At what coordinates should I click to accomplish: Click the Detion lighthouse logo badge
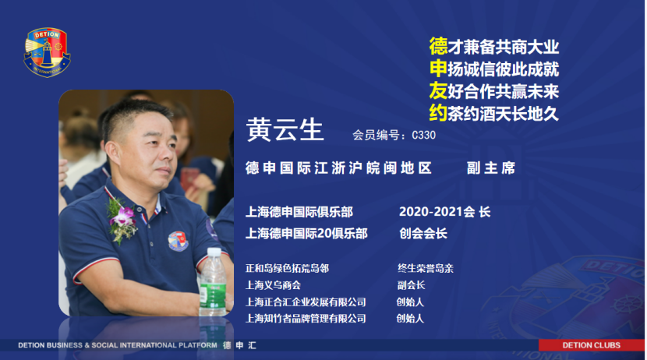(x=47, y=52)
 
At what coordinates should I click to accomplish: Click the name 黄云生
(x=285, y=129)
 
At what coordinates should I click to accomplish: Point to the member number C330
(x=424, y=136)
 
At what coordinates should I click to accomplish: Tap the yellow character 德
(x=438, y=46)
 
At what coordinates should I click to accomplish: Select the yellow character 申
(x=438, y=69)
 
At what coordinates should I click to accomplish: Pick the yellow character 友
(x=438, y=90)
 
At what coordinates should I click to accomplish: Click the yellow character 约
(x=438, y=113)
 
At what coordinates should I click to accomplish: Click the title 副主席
(x=491, y=168)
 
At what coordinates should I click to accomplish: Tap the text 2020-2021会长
(x=444, y=212)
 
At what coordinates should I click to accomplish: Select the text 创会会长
(x=423, y=234)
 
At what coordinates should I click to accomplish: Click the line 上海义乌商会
(x=273, y=285)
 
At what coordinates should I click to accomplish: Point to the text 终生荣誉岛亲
(x=426, y=269)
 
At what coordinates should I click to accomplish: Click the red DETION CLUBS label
(x=591, y=345)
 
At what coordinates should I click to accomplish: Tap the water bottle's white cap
(x=214, y=252)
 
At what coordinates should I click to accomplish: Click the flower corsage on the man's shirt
(x=122, y=220)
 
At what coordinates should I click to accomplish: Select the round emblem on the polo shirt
(x=179, y=241)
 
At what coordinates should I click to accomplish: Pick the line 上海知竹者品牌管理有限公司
(x=306, y=319)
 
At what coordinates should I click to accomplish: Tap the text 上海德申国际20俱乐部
(x=306, y=234)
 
